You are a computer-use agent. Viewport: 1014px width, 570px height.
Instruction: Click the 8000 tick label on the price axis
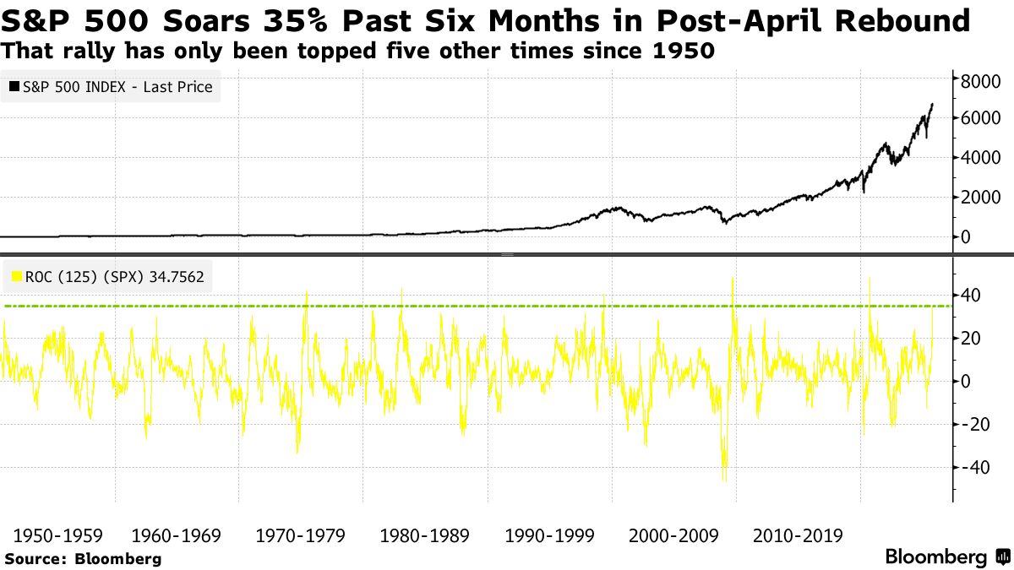tap(979, 80)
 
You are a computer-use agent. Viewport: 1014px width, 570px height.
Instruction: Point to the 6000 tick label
tap(979, 118)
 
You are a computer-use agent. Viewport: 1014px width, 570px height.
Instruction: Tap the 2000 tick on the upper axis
tap(979, 198)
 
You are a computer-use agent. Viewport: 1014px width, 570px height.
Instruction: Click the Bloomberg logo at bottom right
tap(946, 557)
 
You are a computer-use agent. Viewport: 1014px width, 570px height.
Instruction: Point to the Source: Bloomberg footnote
tap(82, 558)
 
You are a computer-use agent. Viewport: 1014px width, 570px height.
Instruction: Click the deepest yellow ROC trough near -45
tap(724, 480)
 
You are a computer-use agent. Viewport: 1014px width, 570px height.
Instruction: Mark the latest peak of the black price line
tap(932, 104)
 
